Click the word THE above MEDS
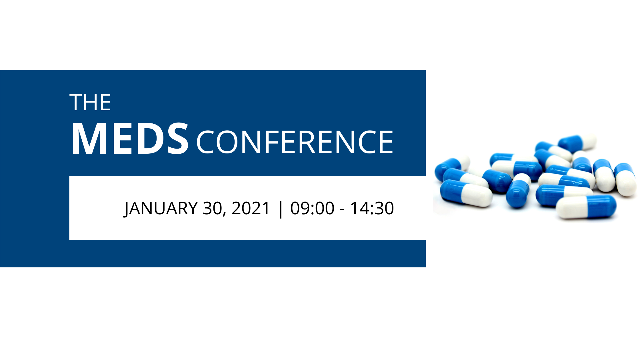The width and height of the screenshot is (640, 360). coord(90,102)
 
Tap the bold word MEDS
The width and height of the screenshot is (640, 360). coord(130,139)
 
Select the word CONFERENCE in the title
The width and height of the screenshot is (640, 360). coord(295,142)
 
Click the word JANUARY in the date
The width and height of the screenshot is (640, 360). coord(161,208)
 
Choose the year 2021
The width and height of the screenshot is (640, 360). coord(251,208)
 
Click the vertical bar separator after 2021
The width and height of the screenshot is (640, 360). coord(281,209)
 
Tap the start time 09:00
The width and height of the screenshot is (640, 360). coord(312,208)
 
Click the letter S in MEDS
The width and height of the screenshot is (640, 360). coord(177,139)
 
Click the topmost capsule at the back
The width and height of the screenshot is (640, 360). coord(577,143)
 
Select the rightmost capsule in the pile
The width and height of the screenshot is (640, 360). coord(626,179)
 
